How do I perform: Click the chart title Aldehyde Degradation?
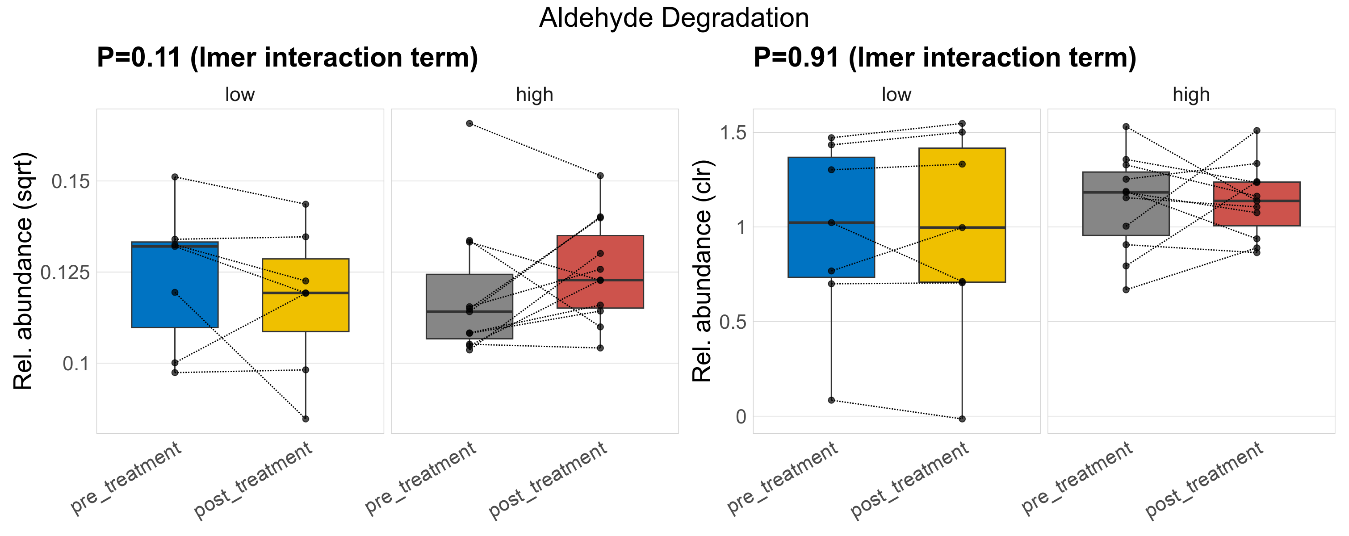(x=674, y=18)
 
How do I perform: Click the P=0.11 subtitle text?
(x=287, y=58)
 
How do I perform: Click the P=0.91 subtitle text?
(x=944, y=58)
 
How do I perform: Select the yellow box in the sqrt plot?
(x=305, y=314)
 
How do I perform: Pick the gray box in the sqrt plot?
(x=469, y=325)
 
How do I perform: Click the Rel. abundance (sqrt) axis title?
(x=23, y=271)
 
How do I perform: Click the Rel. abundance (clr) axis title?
(x=702, y=271)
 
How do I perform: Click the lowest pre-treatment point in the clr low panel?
(x=831, y=400)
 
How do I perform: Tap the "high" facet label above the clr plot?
(x=1191, y=95)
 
